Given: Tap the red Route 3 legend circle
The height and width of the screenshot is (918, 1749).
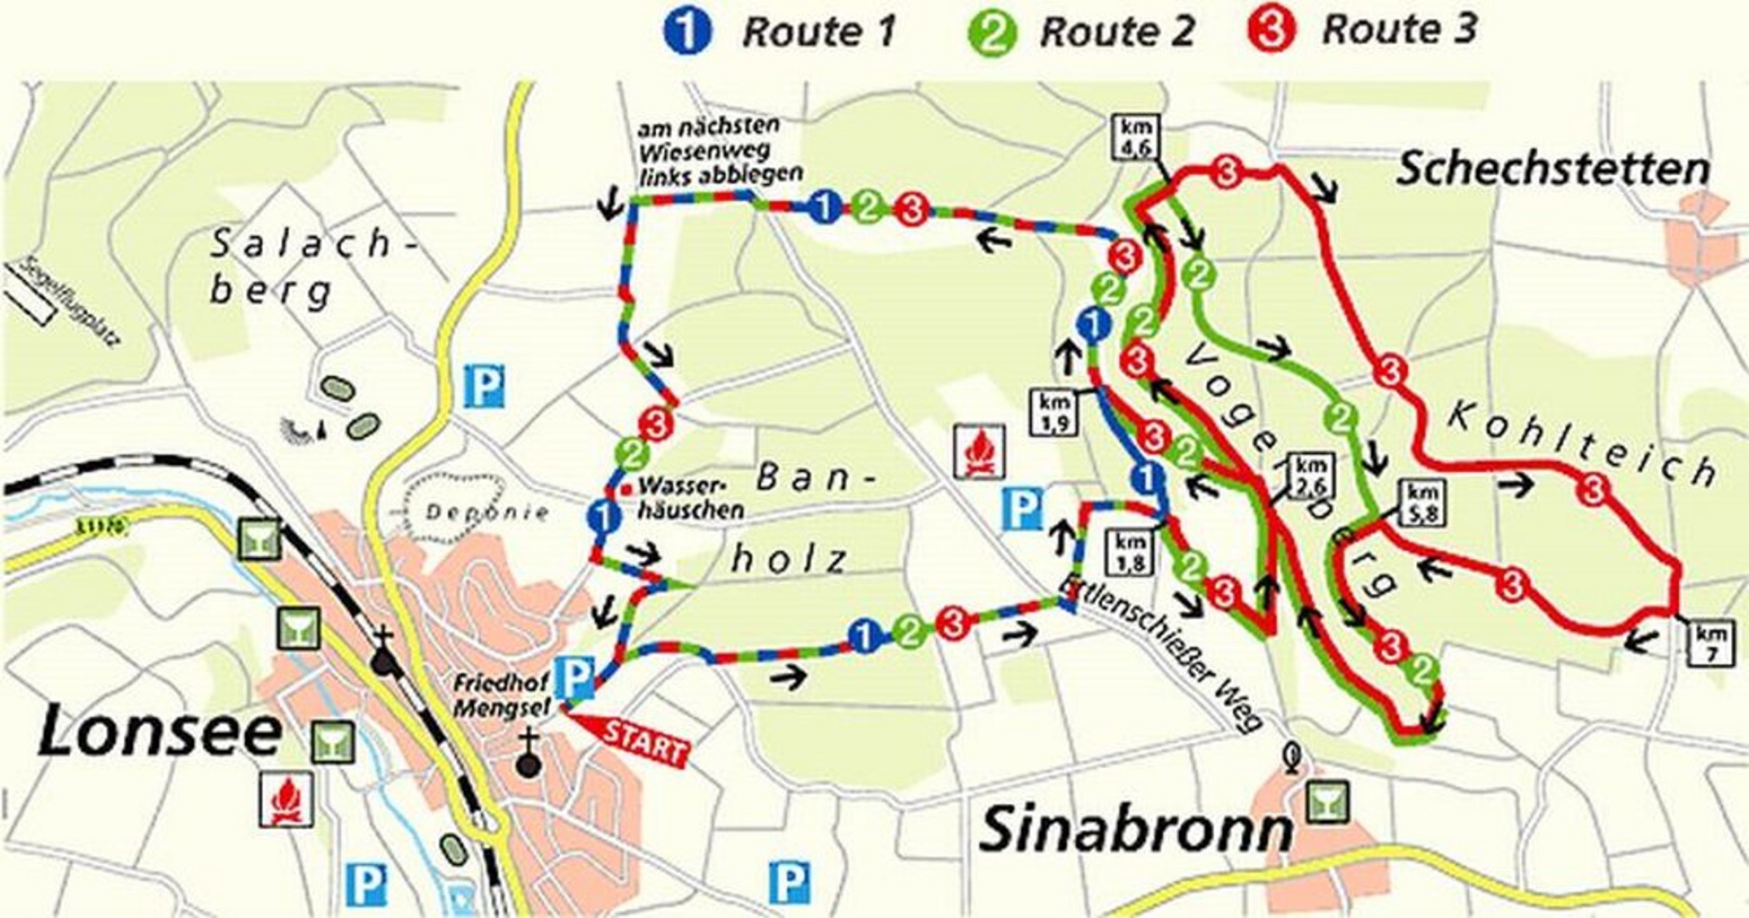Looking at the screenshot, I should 1272,31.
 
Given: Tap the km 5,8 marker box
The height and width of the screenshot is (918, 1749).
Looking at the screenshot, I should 1421,503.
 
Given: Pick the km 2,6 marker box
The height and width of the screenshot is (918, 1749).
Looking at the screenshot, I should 1311,475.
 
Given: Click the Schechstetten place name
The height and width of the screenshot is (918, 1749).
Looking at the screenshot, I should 1552,169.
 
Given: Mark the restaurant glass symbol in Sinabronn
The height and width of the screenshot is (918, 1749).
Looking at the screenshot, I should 1326,802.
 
